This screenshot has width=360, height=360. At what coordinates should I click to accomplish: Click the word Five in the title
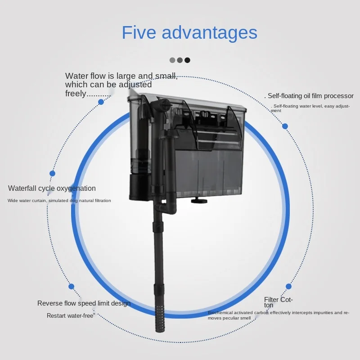138,33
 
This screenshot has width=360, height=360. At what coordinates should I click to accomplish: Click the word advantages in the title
209,33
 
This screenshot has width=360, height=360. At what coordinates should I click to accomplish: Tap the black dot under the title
187,60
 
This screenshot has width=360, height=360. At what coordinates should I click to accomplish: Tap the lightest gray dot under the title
172,60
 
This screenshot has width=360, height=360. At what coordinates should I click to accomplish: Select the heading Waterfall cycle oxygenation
52,189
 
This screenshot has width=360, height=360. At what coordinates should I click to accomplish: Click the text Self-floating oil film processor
310,96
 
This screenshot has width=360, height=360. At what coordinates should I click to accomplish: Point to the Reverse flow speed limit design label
84,303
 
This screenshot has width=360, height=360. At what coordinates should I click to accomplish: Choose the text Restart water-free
70,316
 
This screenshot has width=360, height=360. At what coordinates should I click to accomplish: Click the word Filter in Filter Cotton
272,300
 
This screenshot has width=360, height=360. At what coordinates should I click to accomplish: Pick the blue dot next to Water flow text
101,102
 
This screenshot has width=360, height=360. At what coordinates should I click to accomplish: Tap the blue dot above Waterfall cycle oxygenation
52,173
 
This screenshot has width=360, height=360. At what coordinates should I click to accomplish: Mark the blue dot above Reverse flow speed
71,286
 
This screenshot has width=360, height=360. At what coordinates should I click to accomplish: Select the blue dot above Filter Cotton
288,286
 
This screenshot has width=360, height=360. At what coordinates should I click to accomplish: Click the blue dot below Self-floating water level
285,126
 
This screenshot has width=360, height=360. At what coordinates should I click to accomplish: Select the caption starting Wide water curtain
59,201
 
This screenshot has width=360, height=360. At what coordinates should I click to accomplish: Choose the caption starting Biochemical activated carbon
278,315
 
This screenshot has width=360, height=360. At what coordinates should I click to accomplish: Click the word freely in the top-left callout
76,94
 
